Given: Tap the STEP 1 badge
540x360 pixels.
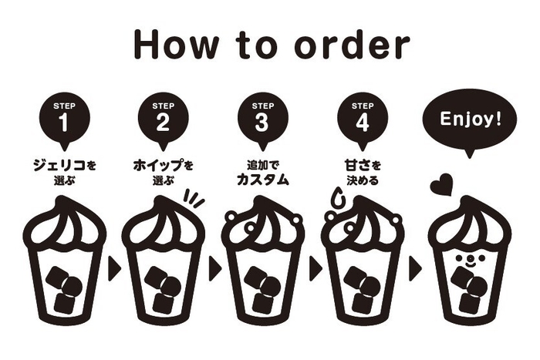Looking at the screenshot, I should (64, 118).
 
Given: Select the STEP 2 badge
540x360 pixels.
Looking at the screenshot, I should (163, 118).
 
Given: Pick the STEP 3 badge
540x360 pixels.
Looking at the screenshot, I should (262, 118).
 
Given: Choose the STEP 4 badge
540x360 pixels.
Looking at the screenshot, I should (362, 118).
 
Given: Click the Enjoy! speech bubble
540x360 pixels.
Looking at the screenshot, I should (470, 120).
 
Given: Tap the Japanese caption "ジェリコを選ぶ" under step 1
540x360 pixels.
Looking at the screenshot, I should (64, 170).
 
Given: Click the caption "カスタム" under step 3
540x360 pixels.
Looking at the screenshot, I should (262, 180).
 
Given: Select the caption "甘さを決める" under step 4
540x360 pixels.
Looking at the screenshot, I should (362, 171).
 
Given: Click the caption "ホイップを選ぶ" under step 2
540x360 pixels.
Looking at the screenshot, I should (163, 170).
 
